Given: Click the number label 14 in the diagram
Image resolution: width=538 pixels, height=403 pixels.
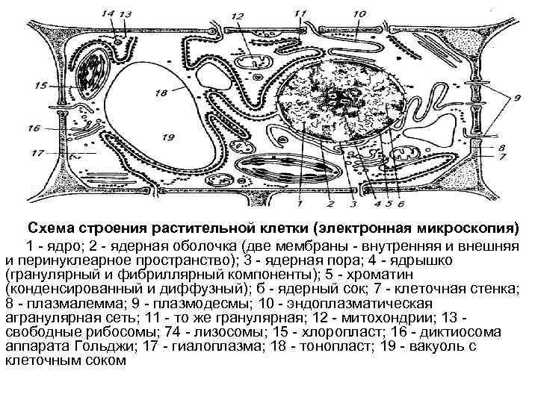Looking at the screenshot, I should tap(107, 13).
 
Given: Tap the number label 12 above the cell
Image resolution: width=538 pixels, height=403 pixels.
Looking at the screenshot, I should tap(238, 16).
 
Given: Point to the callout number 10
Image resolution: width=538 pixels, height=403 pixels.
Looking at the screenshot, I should tap(359, 13).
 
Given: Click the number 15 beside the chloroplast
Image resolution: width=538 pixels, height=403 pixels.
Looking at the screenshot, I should tap(41, 85).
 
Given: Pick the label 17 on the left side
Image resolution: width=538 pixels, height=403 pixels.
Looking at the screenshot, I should tap(34, 154).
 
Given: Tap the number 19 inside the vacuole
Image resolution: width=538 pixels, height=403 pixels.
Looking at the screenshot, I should tap(168, 137).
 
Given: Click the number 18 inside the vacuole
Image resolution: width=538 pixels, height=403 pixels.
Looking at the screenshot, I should tap(160, 93).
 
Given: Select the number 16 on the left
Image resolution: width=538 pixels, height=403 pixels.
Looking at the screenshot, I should tap(33, 128).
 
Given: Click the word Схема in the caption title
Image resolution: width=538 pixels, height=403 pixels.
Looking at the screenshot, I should tap(52, 228).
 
